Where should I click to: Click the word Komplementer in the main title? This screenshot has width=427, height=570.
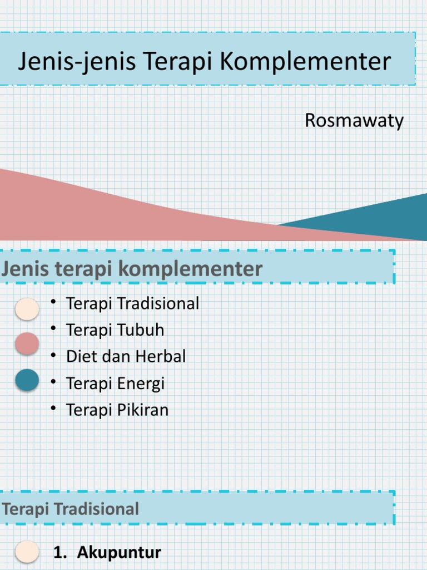(x=305, y=62)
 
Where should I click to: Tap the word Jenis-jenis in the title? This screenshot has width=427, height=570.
(x=76, y=62)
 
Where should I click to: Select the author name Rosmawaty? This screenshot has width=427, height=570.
(x=354, y=121)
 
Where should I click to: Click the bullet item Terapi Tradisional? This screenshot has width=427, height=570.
(x=132, y=303)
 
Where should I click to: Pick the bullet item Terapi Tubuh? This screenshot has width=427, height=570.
(x=115, y=330)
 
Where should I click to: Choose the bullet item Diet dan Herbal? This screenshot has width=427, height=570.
(x=126, y=356)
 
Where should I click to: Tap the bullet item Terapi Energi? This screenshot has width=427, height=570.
(x=115, y=383)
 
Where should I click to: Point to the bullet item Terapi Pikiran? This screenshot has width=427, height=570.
(x=117, y=410)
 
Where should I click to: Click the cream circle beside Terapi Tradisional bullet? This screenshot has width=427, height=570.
(x=27, y=309)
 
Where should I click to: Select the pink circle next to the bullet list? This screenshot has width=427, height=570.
(x=27, y=343)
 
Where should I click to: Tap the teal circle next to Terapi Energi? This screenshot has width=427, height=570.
(x=27, y=380)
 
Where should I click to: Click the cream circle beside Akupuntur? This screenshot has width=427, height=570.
(x=27, y=553)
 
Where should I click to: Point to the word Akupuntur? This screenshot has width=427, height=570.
(x=119, y=553)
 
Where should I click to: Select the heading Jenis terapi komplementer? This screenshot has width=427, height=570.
(x=131, y=269)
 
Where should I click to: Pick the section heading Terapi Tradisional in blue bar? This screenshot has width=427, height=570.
(x=70, y=509)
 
